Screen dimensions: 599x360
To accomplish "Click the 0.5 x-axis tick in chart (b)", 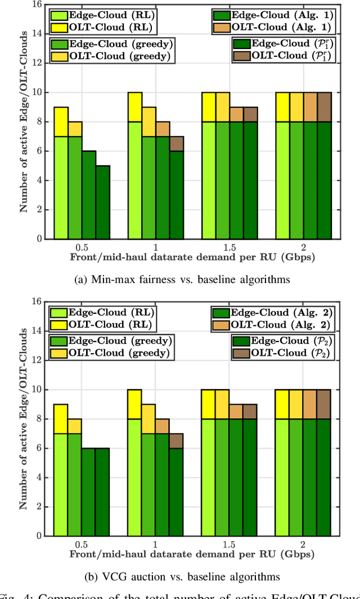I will coord(82,544).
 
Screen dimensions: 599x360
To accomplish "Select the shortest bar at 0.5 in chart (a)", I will coord(102,202).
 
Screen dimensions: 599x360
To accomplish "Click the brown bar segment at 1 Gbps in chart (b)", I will coord(176,440).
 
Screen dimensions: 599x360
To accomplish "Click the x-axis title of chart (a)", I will coord(192,257).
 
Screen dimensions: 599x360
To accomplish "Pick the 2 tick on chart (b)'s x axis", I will coord(303,544).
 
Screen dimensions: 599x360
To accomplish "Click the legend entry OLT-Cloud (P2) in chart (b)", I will coord(281,353).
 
